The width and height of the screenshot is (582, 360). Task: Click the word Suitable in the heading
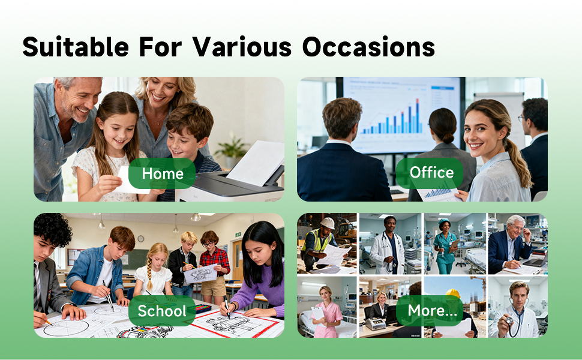click(x=76, y=47)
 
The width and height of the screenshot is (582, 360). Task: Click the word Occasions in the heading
click(x=368, y=47)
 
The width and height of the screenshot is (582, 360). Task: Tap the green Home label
click(x=162, y=173)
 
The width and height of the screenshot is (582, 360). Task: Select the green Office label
click(x=430, y=173)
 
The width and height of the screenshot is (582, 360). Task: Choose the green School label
click(x=162, y=311)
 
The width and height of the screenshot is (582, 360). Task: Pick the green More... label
click(x=430, y=310)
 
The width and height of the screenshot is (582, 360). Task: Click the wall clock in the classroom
click(x=140, y=239)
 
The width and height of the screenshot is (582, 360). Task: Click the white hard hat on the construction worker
click(x=328, y=223)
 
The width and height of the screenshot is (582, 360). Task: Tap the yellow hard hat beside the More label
click(x=453, y=293)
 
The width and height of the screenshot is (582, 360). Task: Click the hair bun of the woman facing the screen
click(x=447, y=139)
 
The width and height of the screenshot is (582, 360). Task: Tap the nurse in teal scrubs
click(x=445, y=247)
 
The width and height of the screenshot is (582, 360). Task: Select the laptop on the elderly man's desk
click(x=535, y=261)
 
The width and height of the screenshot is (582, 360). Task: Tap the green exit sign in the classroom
click(x=238, y=235)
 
